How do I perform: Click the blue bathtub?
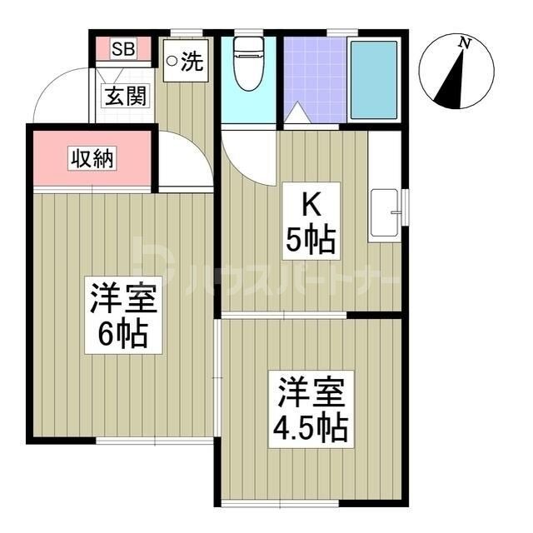point(374,78)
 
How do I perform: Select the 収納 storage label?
point(92,158)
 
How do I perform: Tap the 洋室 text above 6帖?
point(124,297)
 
